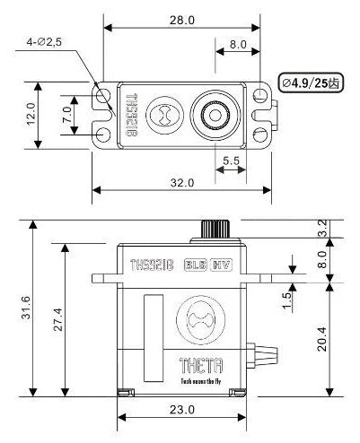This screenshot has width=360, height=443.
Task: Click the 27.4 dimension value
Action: click(x=58, y=320)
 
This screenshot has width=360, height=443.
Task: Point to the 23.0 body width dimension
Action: click(x=180, y=409)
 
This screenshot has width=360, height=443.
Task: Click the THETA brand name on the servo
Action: click(x=180, y=367)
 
